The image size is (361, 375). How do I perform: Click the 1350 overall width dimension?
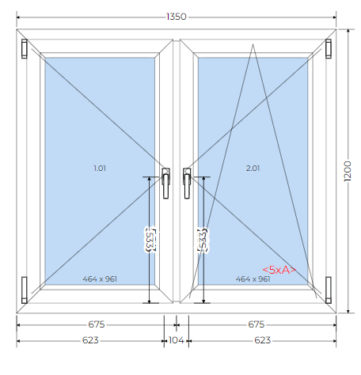pyautogui.click(x=177, y=17)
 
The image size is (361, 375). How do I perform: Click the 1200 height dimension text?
pyautogui.click(x=348, y=171)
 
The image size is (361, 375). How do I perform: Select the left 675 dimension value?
pyautogui.click(x=97, y=324)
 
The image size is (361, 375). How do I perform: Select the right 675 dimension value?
pyautogui.click(x=256, y=324)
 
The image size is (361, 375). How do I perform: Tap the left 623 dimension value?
pyautogui.click(x=90, y=340)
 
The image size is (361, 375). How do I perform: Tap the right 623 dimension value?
pyautogui.click(x=262, y=340)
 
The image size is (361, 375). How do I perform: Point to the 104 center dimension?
pyautogui.click(x=177, y=340)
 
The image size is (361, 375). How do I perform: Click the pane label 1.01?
pyautogui.click(x=100, y=169)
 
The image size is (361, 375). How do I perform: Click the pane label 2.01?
pyautogui.click(x=253, y=169)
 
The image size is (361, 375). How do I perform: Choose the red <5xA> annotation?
pyautogui.click(x=279, y=270)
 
